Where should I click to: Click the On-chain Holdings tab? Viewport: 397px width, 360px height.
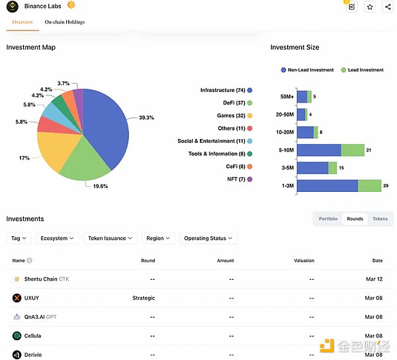(x=65, y=22)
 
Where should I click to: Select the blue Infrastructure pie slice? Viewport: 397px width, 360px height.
(x=106, y=122)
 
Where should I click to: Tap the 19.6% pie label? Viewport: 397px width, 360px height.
(x=101, y=186)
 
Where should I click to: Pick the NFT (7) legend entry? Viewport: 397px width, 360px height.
(x=236, y=179)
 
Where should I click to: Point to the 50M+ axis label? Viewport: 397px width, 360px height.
(x=287, y=97)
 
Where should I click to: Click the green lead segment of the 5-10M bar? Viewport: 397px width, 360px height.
(x=353, y=150)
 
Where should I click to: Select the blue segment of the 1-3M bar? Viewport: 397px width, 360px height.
(x=328, y=186)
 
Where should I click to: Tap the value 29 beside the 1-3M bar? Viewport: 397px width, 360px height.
(x=386, y=187)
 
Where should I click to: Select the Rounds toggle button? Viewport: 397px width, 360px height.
(x=355, y=218)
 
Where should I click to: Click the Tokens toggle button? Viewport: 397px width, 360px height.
(x=380, y=218)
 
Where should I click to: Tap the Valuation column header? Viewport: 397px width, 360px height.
(x=304, y=261)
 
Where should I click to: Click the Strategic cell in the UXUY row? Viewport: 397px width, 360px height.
(x=144, y=298)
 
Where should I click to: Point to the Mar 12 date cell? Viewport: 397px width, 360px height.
(x=374, y=279)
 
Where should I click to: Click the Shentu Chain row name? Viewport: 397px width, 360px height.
(x=41, y=279)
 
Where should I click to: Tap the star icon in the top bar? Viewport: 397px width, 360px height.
(x=370, y=7)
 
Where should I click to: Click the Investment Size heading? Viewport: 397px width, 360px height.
(x=294, y=48)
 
